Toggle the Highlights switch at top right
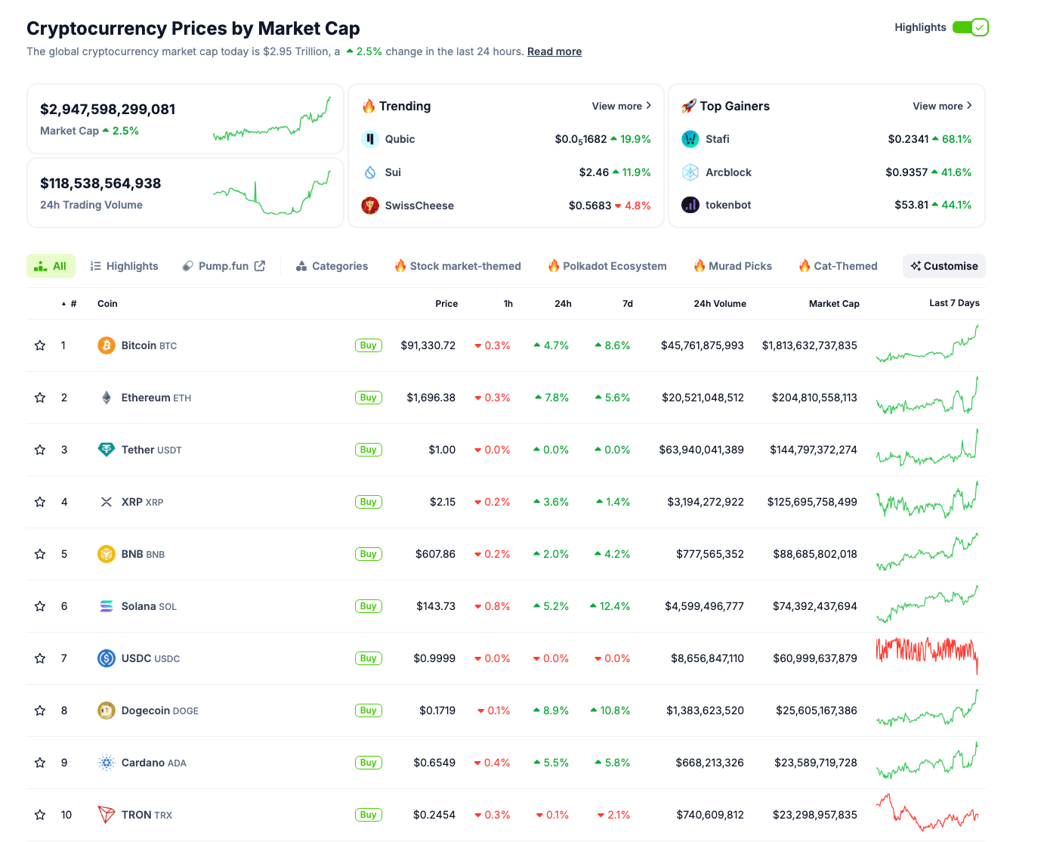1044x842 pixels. tap(971, 27)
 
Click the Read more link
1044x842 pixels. tap(554, 51)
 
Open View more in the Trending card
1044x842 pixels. tap(621, 106)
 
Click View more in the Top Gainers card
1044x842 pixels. tap(942, 106)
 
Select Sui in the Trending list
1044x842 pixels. tap(393, 172)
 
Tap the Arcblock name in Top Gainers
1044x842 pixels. tap(728, 172)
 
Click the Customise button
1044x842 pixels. tap(944, 266)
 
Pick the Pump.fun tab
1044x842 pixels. tap(224, 266)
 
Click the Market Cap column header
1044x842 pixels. tap(833, 304)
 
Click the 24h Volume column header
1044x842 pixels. tap(719, 304)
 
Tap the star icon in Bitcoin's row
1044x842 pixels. tap(40, 345)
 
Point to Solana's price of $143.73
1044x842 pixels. tap(436, 606)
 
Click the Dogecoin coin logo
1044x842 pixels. tap(107, 710)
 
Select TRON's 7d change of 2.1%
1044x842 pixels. tap(618, 815)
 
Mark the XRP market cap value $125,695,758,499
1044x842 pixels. tap(812, 502)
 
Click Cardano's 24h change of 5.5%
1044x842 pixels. tap(555, 763)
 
